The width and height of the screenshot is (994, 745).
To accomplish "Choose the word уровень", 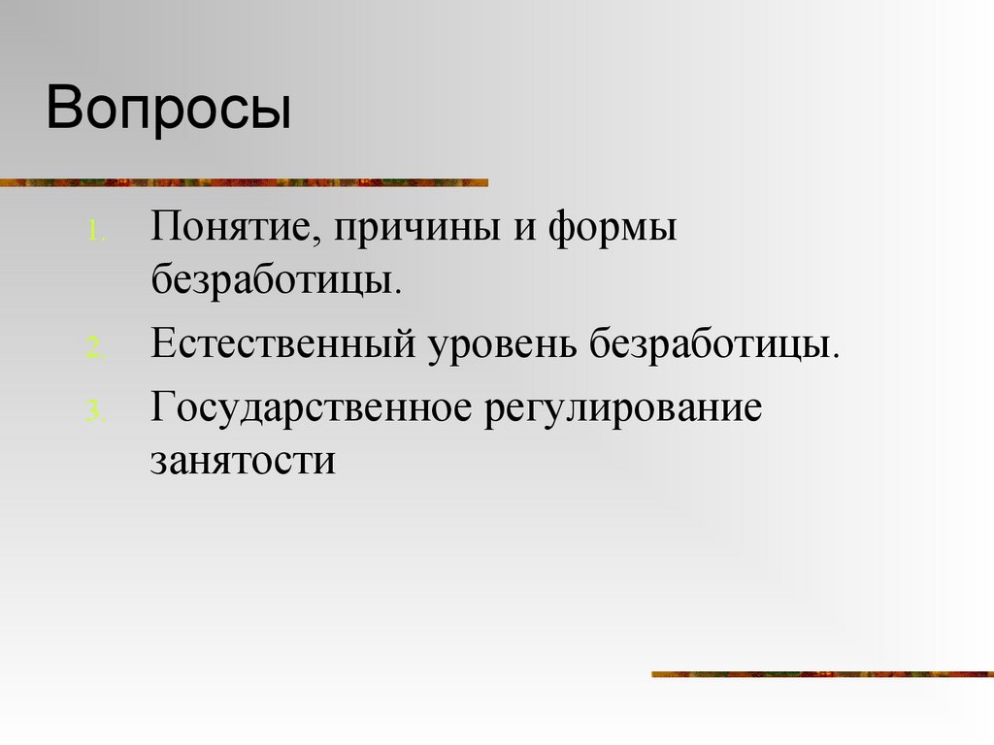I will coord(501,346).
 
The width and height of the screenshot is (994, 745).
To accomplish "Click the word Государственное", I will coord(311,408).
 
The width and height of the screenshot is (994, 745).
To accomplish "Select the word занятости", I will coord(243,459).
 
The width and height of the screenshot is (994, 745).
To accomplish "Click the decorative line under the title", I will coord(243,181).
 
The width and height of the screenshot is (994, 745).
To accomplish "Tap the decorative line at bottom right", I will coord(821,673).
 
